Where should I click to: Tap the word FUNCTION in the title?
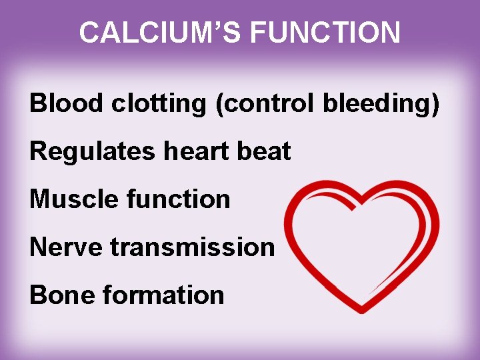320,32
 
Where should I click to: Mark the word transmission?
193,247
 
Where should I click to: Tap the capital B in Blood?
37,104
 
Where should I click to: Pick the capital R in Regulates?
38,152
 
